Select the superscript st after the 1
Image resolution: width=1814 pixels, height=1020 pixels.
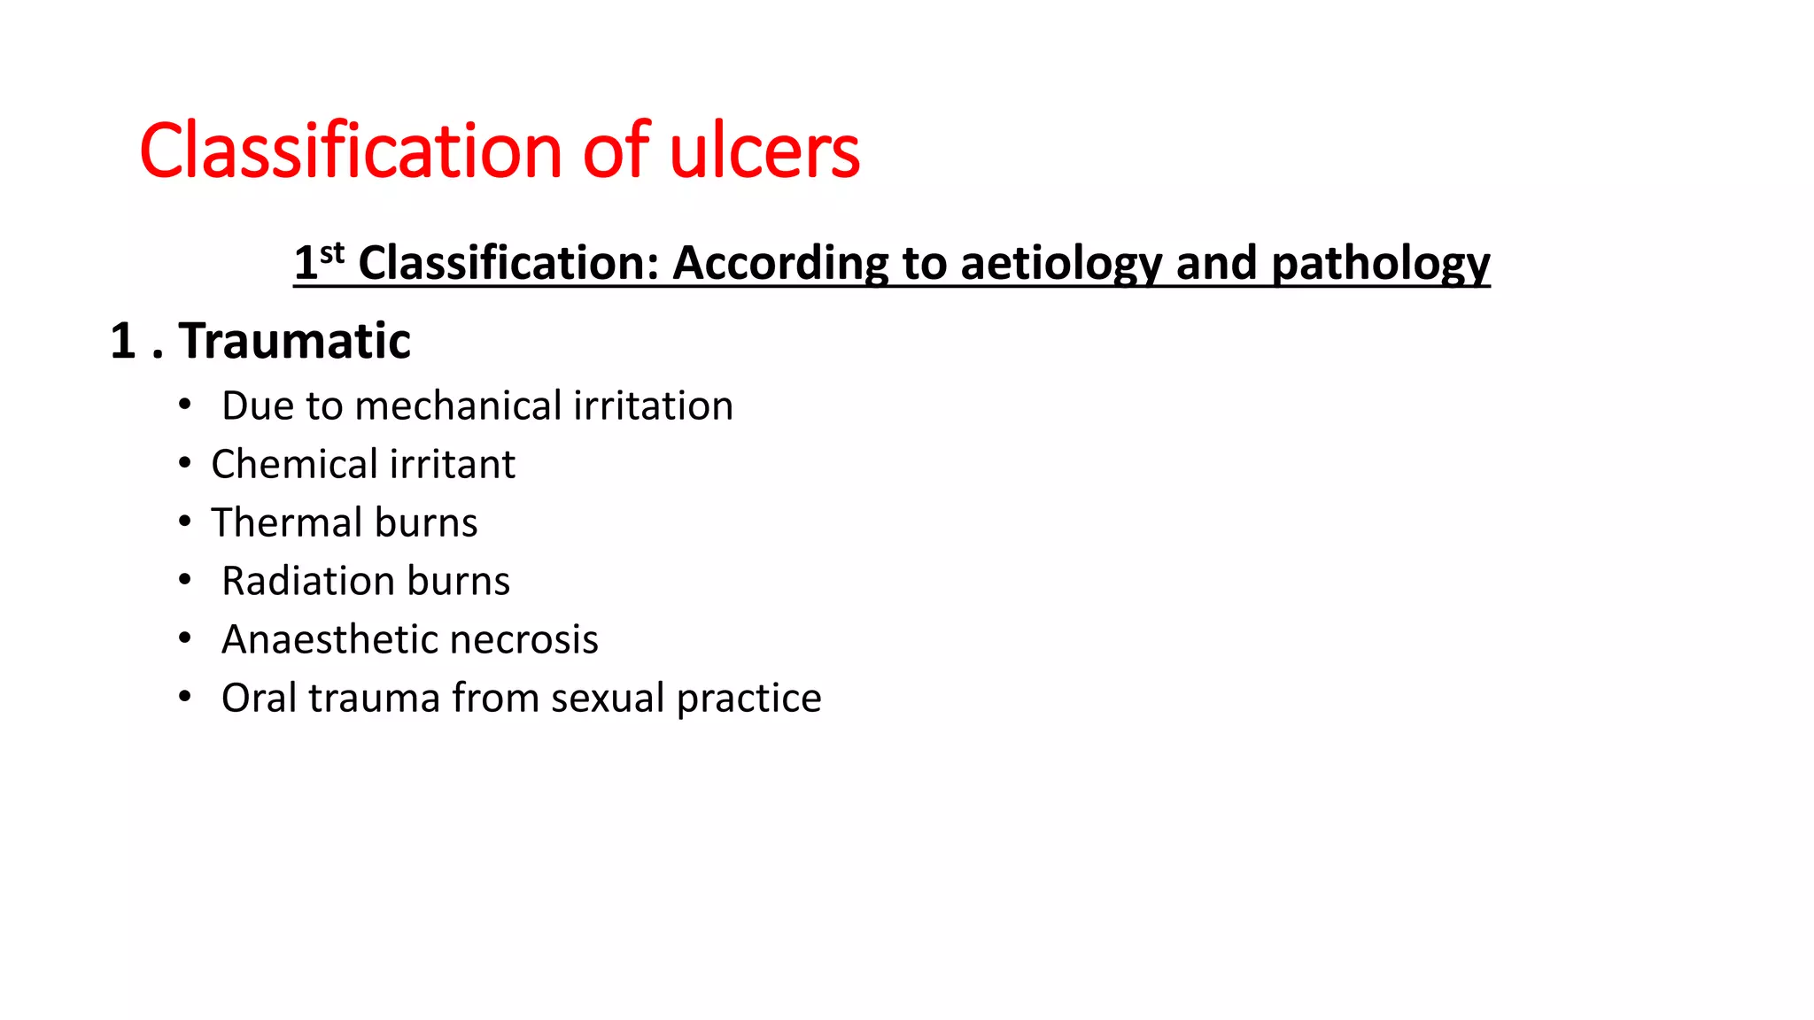pyautogui.click(x=332, y=254)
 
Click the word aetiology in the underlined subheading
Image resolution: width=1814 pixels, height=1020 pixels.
pyautogui.click(x=1060, y=263)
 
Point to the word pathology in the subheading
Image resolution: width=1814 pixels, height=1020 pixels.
pyautogui.click(x=1380, y=263)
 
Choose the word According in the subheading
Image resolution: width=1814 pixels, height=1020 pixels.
pyautogui.click(x=780, y=263)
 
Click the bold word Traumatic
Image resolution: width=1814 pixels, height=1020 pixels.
pyautogui.click(x=294, y=341)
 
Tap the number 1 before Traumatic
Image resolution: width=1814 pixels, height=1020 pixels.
pyautogui.click(x=122, y=341)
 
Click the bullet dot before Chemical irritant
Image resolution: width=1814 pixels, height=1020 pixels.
pyautogui.click(x=184, y=463)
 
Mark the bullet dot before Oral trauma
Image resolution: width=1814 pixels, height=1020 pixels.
pyautogui.click(x=184, y=697)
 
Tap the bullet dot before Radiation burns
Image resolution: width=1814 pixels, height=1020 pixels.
pyautogui.click(x=184, y=580)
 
